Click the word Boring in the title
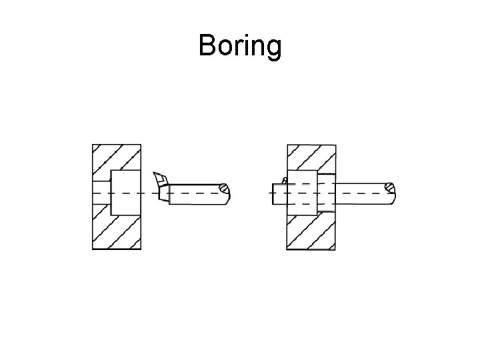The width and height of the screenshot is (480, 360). pyautogui.click(x=240, y=47)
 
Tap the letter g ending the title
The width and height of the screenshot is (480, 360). pyautogui.click(x=273, y=48)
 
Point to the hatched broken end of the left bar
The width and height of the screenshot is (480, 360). pyautogui.click(x=227, y=191)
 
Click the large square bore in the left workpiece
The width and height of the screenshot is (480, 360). pyautogui.click(x=125, y=192)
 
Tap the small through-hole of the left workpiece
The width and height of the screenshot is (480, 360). pyautogui.click(x=100, y=192)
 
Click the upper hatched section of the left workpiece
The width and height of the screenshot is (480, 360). pyautogui.click(x=117, y=157)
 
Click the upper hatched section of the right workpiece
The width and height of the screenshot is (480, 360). pyautogui.click(x=311, y=157)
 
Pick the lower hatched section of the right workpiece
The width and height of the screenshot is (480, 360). pyautogui.click(x=311, y=231)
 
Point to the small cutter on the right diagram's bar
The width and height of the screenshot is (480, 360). pyautogui.click(x=285, y=180)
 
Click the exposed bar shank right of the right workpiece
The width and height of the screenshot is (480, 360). pyautogui.click(x=360, y=192)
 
